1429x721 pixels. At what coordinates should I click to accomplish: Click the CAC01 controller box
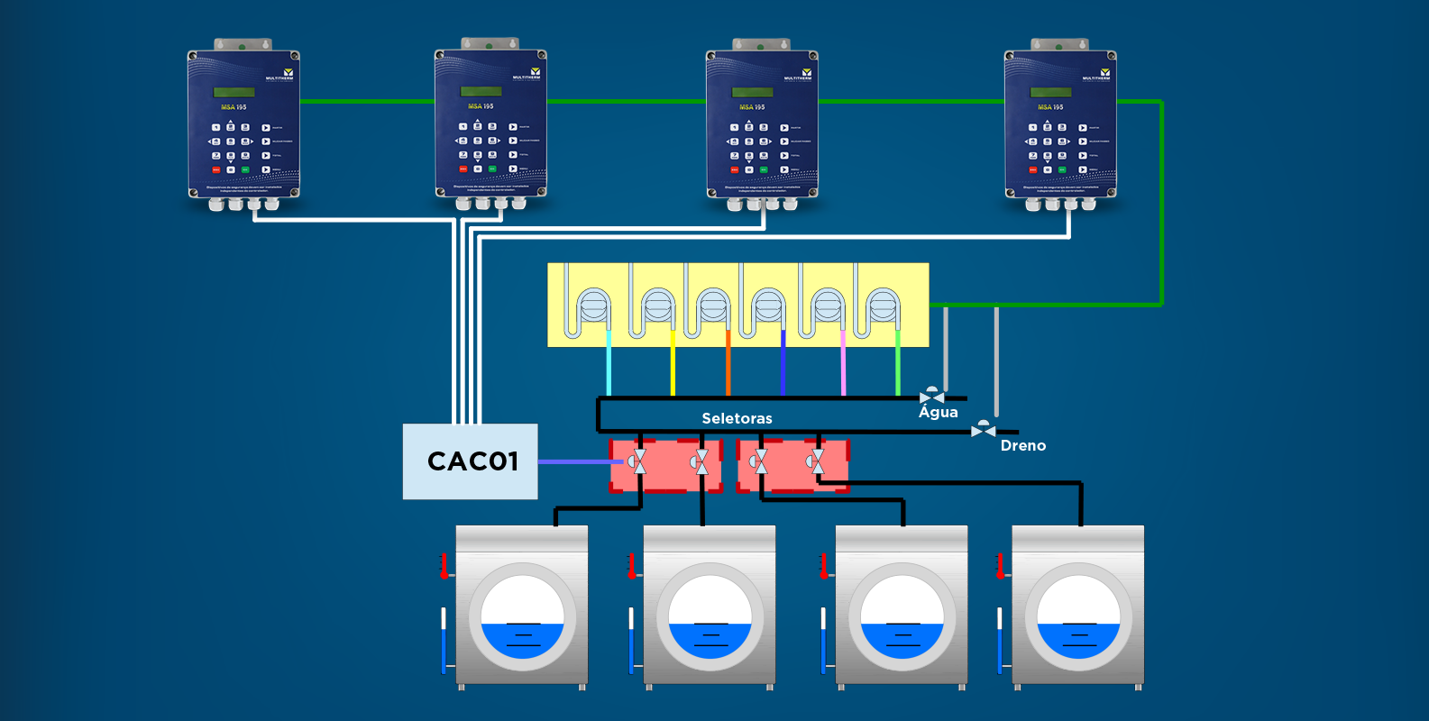click(470, 461)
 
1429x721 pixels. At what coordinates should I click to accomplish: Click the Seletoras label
click(737, 418)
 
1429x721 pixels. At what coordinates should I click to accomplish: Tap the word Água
click(938, 412)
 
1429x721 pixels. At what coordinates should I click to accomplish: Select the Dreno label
click(1022, 445)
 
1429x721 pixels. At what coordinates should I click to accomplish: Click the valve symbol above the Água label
click(931, 397)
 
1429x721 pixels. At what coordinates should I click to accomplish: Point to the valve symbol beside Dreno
click(983, 431)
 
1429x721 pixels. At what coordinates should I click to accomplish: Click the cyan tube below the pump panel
click(609, 365)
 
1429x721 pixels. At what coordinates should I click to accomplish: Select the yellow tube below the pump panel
click(673, 365)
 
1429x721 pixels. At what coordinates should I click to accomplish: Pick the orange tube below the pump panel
click(728, 365)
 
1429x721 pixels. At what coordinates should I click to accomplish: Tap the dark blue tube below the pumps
click(783, 365)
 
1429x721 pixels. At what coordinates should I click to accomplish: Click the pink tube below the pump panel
click(843, 365)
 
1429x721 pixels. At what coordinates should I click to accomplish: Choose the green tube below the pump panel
click(898, 365)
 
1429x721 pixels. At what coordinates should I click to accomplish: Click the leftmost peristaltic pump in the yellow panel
click(593, 306)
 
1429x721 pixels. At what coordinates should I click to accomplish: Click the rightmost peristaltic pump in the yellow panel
click(883, 306)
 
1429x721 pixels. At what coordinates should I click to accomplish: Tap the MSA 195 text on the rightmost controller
click(1050, 106)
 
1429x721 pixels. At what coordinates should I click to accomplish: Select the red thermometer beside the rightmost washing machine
click(999, 566)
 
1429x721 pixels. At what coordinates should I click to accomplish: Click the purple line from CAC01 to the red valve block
click(577, 461)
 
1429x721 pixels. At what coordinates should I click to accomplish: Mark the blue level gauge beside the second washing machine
click(631, 642)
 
